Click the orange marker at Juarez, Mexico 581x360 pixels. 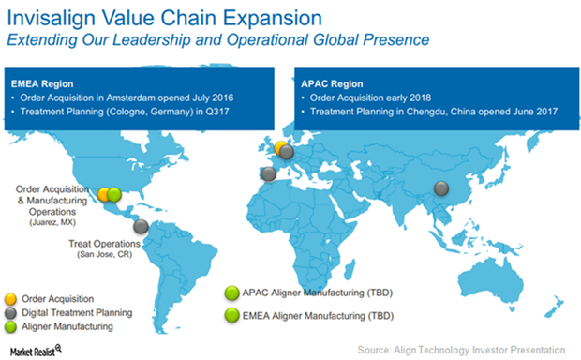pos(105,194)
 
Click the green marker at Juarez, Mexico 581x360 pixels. pos(114,194)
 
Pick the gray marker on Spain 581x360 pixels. pos(269,172)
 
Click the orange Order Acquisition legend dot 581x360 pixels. pos(10,299)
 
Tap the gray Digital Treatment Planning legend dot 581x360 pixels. pos(10,312)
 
